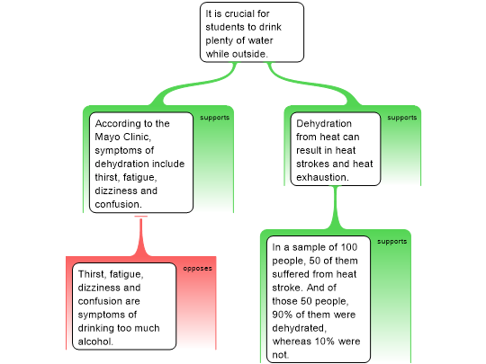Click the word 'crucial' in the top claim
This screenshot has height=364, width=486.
(239, 13)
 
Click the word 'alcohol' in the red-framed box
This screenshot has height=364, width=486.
(95, 342)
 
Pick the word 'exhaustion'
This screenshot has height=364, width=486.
(322, 177)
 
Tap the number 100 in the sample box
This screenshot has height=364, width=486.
(349, 247)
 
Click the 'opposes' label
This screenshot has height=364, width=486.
(197, 269)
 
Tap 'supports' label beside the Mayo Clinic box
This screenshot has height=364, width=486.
(214, 118)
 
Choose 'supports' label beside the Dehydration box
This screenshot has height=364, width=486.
(402, 118)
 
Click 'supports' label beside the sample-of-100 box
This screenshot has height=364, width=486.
(391, 242)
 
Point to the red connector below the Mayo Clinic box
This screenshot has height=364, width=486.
(141, 235)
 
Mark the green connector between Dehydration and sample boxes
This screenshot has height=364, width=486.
(335, 208)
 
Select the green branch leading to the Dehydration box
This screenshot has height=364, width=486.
(313, 84)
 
